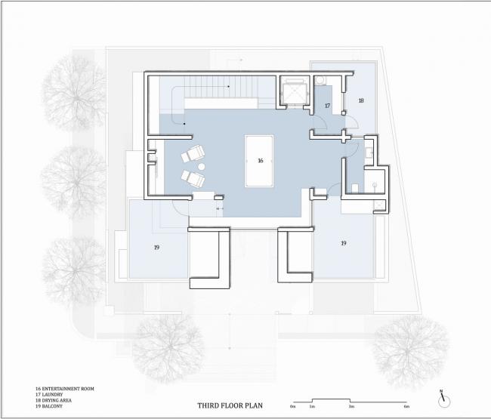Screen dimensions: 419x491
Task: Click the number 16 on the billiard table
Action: click(260, 161)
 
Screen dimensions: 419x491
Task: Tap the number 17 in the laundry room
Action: click(327, 106)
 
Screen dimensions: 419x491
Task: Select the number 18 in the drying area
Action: click(360, 100)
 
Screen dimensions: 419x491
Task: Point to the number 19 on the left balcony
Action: click(156, 247)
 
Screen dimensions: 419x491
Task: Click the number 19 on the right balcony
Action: click(343, 244)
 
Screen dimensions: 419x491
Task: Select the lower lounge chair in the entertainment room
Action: click(194, 178)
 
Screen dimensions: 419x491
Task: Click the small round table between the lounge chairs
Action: click(201, 166)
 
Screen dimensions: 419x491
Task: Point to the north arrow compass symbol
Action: click(445, 401)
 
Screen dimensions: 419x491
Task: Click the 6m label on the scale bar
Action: click(406, 408)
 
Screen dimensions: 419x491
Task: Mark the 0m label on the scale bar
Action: click(292, 408)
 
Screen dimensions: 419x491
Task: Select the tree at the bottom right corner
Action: click(411, 350)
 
